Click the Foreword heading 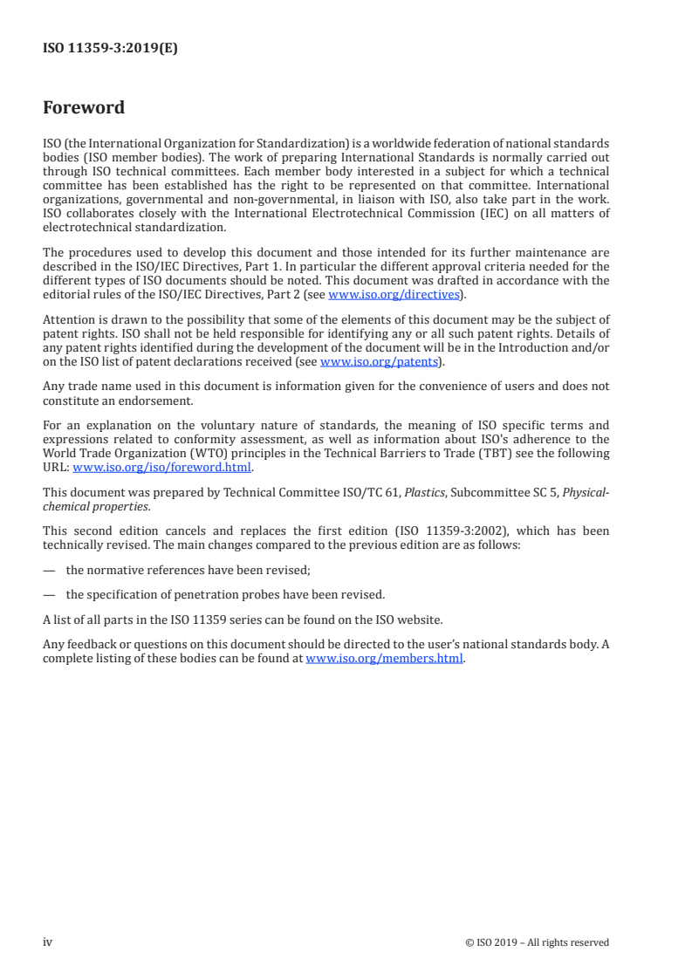tap(84, 108)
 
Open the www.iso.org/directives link tap(394, 295)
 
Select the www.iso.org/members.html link tap(384, 659)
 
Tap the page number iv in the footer tap(48, 941)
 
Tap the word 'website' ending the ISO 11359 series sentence tap(421, 620)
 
